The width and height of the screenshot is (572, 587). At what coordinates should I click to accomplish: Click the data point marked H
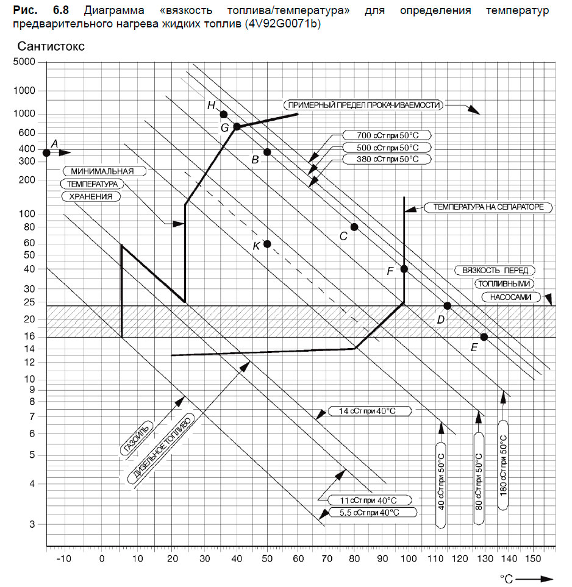pos(224,114)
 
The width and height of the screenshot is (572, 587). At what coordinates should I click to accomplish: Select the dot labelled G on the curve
pos(237,127)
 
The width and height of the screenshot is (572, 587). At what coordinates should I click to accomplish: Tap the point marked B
pos(267,152)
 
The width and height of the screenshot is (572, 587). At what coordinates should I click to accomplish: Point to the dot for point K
pos(267,244)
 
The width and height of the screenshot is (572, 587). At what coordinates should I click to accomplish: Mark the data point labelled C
pos(354,227)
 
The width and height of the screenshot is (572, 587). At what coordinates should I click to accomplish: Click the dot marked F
pos(404,269)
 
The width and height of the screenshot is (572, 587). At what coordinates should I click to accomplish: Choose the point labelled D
pos(447,306)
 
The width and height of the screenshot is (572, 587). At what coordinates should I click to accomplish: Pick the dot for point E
pos(484,337)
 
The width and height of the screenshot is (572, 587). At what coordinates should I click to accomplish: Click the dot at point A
pos(46,153)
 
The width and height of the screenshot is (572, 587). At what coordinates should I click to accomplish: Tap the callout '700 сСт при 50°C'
pos(387,135)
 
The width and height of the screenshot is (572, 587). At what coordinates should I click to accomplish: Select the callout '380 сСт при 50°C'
pos(387,159)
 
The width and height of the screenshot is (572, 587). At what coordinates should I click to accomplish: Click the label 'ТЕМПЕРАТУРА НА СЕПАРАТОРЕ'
pos(488,207)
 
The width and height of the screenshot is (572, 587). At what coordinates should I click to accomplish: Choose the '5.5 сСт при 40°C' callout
pos(373,513)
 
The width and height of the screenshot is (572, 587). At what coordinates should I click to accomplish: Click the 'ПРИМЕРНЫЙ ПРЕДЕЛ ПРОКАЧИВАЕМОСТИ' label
pos(363,105)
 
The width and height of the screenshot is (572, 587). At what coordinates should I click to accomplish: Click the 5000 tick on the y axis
pos(24,62)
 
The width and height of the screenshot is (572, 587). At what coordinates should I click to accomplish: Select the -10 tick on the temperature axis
pos(63,559)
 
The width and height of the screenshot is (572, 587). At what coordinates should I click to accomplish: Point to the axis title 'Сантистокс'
pos(51,46)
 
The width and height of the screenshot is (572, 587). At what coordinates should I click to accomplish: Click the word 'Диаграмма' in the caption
pos(114,11)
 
